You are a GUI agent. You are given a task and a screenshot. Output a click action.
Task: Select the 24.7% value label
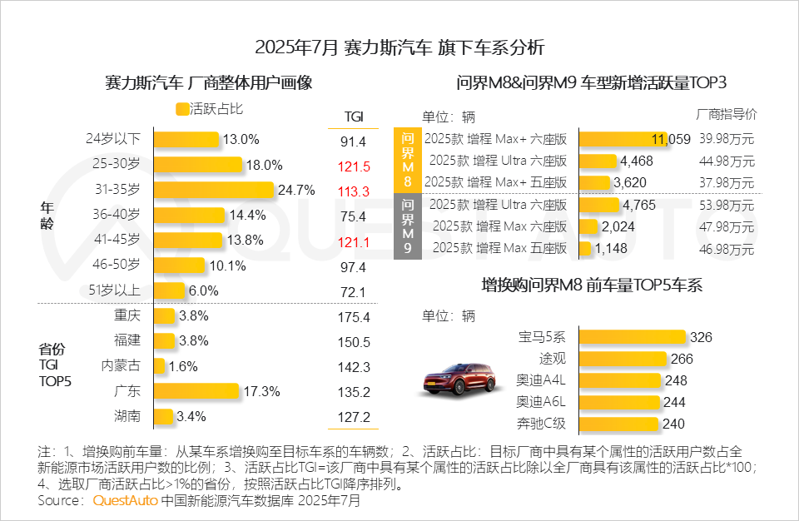click(296, 191)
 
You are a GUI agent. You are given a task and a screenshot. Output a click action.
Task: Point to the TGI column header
click(354, 117)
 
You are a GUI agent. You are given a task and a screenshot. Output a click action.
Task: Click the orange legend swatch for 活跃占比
click(181, 108)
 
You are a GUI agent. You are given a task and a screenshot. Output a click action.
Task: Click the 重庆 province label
click(127, 316)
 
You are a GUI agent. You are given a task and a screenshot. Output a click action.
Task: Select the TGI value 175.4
click(354, 317)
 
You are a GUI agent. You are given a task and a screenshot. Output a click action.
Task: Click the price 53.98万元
click(727, 205)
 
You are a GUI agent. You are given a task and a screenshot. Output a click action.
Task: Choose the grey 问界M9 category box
click(408, 226)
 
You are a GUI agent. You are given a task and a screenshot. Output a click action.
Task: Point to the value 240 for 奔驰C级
click(673, 424)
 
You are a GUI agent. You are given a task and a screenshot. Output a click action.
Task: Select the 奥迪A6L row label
click(541, 402)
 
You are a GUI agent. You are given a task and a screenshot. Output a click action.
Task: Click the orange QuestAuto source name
click(125, 501)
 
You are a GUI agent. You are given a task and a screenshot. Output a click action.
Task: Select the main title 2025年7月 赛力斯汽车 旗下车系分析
click(399, 46)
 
